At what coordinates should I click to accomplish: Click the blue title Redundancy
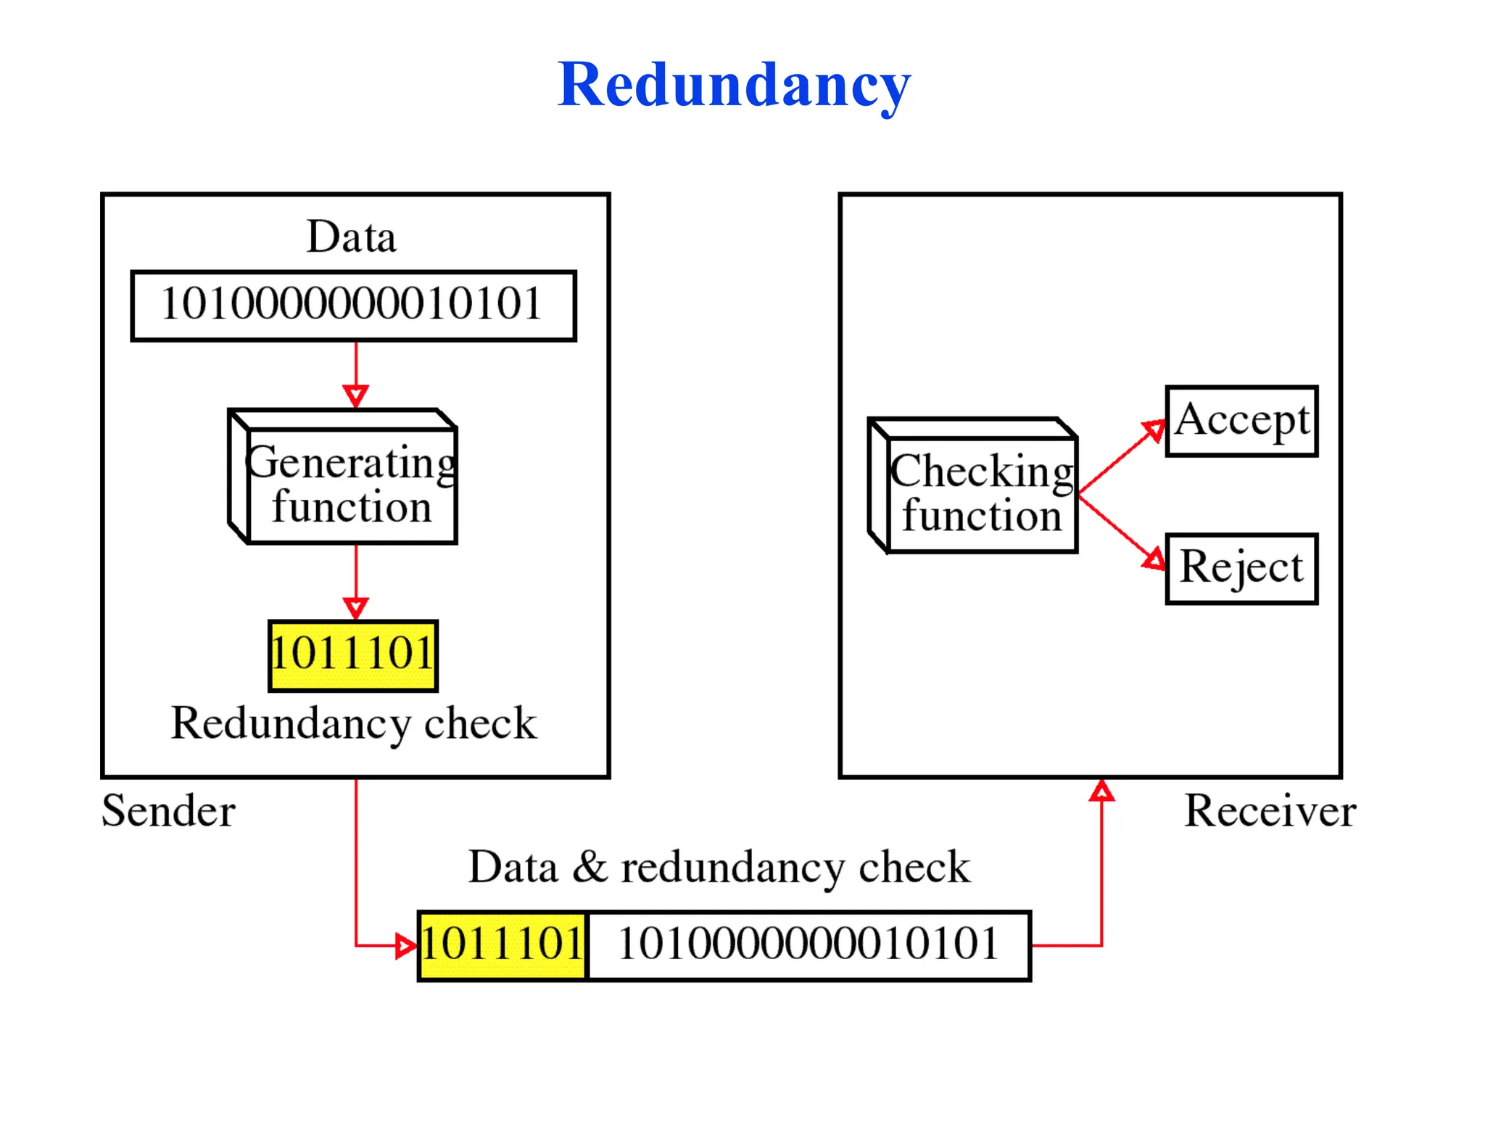tap(733, 86)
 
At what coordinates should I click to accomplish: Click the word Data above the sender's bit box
tap(352, 237)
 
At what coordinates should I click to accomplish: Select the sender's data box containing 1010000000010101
tap(353, 305)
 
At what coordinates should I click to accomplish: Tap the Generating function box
tap(351, 485)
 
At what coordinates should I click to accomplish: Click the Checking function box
tap(981, 493)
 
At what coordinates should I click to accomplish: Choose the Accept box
tap(1241, 421)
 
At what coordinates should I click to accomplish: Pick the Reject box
tap(1241, 569)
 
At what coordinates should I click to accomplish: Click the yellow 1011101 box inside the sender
tap(353, 655)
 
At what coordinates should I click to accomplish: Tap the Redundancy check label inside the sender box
tap(354, 723)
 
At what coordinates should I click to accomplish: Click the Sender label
tap(168, 810)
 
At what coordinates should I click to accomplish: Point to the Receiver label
tap(1270, 810)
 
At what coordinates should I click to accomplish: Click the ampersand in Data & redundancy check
tap(590, 866)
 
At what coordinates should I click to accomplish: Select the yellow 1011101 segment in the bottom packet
tap(502, 945)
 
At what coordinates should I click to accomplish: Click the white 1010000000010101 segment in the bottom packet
tap(808, 945)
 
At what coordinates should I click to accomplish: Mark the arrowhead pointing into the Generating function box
tap(355, 396)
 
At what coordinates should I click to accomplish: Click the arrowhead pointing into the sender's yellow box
tap(355, 608)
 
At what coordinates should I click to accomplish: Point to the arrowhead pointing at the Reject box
tap(1154, 559)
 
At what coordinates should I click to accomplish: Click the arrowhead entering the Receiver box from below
tap(1101, 791)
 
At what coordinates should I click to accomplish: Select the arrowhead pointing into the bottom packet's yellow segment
tap(406, 946)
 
